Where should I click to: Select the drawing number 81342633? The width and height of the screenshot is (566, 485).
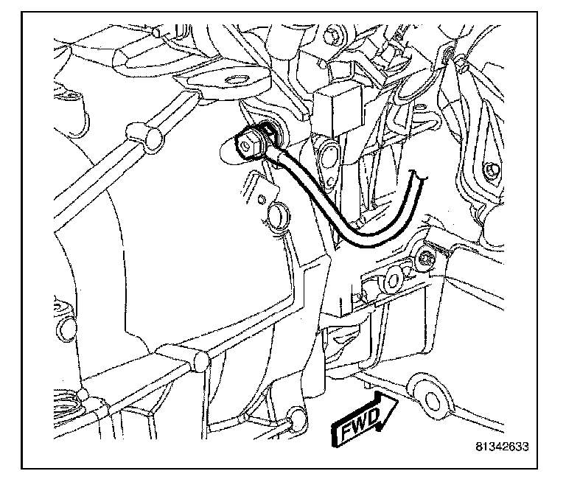tap(503, 447)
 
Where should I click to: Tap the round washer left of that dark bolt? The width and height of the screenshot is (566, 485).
tap(393, 278)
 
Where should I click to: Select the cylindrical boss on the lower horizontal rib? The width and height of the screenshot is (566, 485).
tap(200, 360)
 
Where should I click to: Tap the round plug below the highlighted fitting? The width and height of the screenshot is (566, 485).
tap(277, 215)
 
